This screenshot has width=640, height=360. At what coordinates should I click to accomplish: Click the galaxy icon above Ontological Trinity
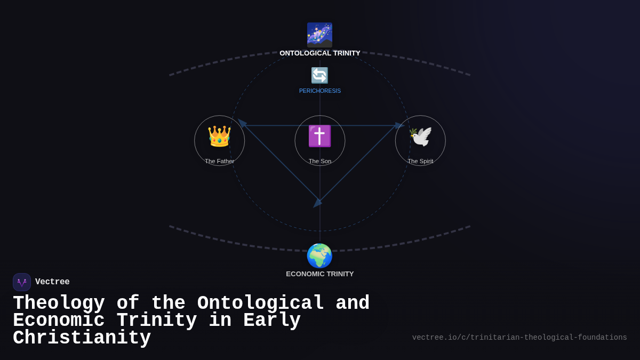(x=319, y=35)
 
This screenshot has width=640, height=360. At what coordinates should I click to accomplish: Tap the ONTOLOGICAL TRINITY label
(x=320, y=53)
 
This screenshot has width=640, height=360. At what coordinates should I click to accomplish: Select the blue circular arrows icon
(x=319, y=75)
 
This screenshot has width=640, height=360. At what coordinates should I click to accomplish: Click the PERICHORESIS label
(x=320, y=91)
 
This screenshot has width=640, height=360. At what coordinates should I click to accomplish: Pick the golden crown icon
(x=219, y=136)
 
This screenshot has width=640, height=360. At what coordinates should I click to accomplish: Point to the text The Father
(x=219, y=161)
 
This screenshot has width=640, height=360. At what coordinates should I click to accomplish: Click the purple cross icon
(x=319, y=136)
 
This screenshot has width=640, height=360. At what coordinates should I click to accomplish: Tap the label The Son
(x=320, y=161)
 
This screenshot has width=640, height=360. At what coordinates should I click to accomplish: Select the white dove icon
(x=420, y=136)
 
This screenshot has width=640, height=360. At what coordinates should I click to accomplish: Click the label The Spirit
(x=420, y=161)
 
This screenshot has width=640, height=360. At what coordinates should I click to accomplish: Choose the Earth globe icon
(x=319, y=255)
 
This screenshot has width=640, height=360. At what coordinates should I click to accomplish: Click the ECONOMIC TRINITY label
(x=320, y=274)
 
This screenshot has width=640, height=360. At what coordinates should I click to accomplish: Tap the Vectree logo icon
(x=22, y=282)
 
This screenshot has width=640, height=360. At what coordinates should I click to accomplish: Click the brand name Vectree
(x=52, y=282)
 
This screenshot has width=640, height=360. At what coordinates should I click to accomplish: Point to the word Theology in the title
(x=59, y=303)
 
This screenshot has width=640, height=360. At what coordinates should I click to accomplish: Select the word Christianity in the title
(x=82, y=338)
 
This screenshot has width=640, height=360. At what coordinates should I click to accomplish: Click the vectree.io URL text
(x=519, y=338)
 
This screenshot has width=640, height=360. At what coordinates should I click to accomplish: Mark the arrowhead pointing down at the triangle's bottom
(x=317, y=203)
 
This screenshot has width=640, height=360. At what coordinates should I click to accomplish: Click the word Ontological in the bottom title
(x=261, y=303)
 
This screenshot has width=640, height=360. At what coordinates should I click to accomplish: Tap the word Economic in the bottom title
(x=59, y=321)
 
